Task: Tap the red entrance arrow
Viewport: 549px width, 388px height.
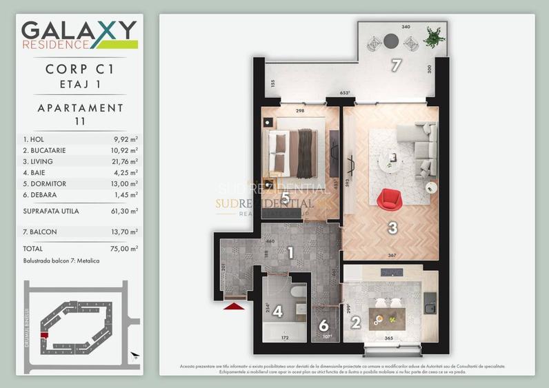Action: tap(234, 305)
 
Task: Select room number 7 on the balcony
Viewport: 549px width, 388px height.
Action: tap(396, 66)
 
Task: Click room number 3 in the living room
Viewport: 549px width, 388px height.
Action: tap(390, 227)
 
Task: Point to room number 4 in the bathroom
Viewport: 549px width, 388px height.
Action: tap(277, 312)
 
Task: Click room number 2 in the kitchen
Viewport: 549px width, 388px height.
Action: tap(356, 321)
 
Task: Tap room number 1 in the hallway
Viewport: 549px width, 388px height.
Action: tap(290, 252)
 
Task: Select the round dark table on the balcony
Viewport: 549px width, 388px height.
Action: tap(391, 41)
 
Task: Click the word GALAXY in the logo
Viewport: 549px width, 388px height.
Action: tap(78, 30)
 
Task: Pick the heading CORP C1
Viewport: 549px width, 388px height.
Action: tap(80, 69)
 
